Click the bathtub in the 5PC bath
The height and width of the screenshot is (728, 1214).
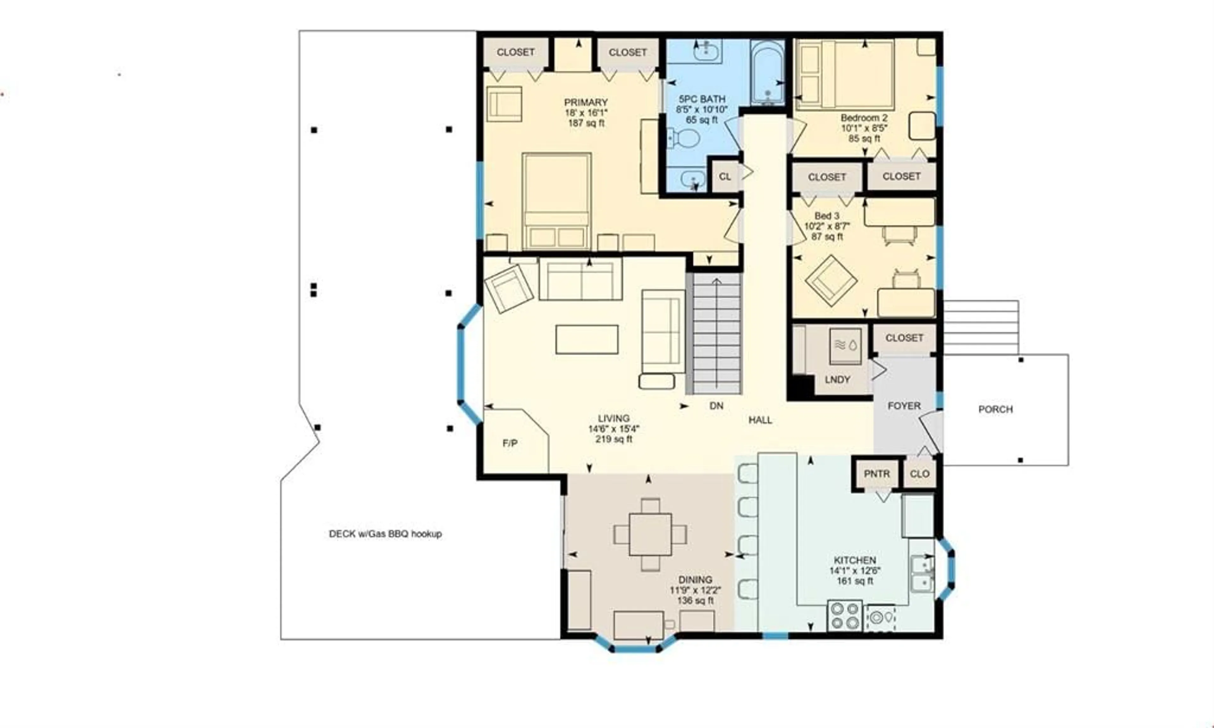click(767, 72)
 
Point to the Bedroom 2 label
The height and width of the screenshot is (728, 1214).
click(864, 118)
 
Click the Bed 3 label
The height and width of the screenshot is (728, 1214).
click(827, 216)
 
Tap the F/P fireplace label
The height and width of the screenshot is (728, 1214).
click(510, 443)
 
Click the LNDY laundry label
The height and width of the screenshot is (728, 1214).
click(837, 380)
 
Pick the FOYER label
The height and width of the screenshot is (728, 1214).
click(904, 406)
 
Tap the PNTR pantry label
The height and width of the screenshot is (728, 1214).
click(877, 474)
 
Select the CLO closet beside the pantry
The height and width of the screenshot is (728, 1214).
click(919, 474)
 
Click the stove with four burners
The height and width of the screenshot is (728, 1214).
click(845, 616)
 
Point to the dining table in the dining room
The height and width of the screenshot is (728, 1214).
click(650, 534)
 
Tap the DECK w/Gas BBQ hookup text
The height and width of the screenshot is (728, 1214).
click(385, 534)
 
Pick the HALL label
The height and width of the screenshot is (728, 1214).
click(760, 420)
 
